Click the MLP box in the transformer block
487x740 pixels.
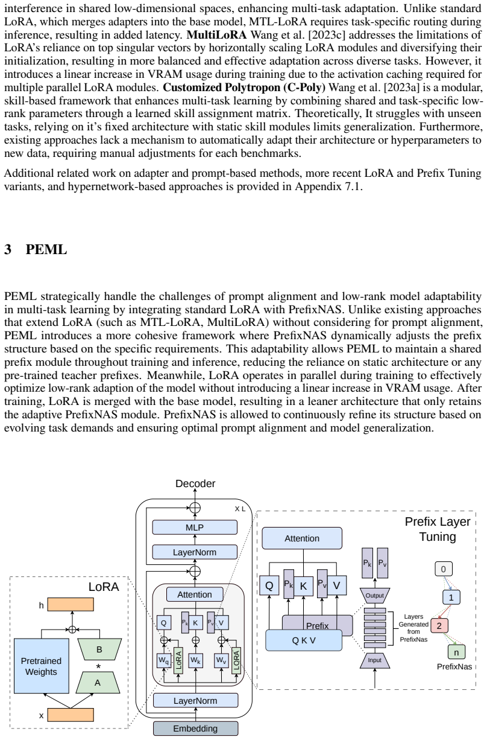195,528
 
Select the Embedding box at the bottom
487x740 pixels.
195,729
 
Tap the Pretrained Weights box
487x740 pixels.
41,666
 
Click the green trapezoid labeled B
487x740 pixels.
99,649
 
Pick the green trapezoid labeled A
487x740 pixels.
98,683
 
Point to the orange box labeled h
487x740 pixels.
71,605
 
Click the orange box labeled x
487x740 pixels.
71,715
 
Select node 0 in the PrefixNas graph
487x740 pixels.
444,569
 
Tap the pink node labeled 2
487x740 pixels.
439,625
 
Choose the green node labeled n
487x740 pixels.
456,652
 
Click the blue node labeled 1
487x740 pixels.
451,597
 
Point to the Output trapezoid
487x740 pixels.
374,595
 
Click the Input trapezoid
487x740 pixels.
374,660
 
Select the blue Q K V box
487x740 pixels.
304,640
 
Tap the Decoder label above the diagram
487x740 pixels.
195,483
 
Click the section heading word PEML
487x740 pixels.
46,249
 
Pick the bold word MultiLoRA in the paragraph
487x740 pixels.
216,34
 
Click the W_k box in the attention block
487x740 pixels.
196,660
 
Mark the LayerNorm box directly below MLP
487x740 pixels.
195,552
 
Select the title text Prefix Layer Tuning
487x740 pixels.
438,529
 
